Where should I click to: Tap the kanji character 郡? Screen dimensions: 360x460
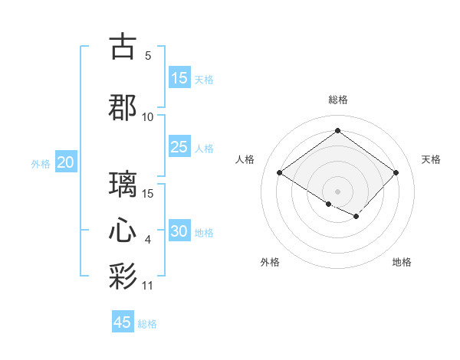pyautogui.click(x=123, y=106)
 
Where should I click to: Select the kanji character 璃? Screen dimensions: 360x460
pyautogui.click(x=123, y=185)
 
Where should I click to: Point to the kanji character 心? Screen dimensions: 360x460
pyautogui.click(x=123, y=231)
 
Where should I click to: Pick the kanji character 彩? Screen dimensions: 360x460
pyautogui.click(x=123, y=277)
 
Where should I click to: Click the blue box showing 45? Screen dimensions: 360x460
pyautogui.click(x=123, y=322)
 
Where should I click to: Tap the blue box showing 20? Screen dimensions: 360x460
pyautogui.click(x=66, y=162)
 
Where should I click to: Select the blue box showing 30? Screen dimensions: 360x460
pyautogui.click(x=179, y=231)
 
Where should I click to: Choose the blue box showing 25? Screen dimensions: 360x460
pyautogui.click(x=179, y=147)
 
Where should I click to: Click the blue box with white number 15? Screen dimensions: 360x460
pyautogui.click(x=179, y=78)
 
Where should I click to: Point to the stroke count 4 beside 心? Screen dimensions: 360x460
pyautogui.click(x=148, y=241)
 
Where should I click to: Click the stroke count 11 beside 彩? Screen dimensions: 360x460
pyautogui.click(x=148, y=286)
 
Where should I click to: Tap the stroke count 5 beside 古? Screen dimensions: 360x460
pyautogui.click(x=148, y=56)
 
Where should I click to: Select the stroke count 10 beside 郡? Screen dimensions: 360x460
pyautogui.click(x=148, y=116)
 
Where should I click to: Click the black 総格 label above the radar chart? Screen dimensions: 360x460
pyautogui.click(x=337, y=100)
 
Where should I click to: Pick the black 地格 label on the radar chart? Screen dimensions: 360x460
pyautogui.click(x=402, y=262)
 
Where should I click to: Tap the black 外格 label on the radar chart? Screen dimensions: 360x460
pyautogui.click(x=270, y=262)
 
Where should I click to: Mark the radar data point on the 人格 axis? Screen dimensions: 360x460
pyautogui.click(x=279, y=173)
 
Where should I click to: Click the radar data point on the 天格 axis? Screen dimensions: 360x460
pyautogui.click(x=396, y=173)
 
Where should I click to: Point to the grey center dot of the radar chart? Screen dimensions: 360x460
pyautogui.click(x=337, y=190)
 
